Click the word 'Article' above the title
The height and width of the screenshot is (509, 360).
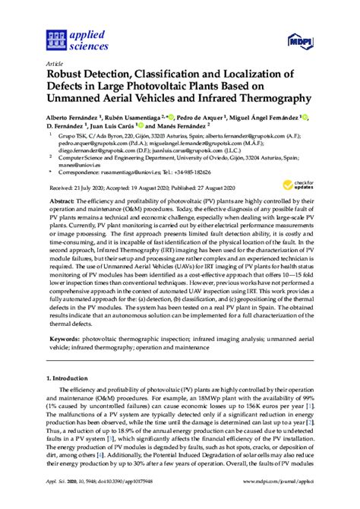(x=54, y=64)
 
